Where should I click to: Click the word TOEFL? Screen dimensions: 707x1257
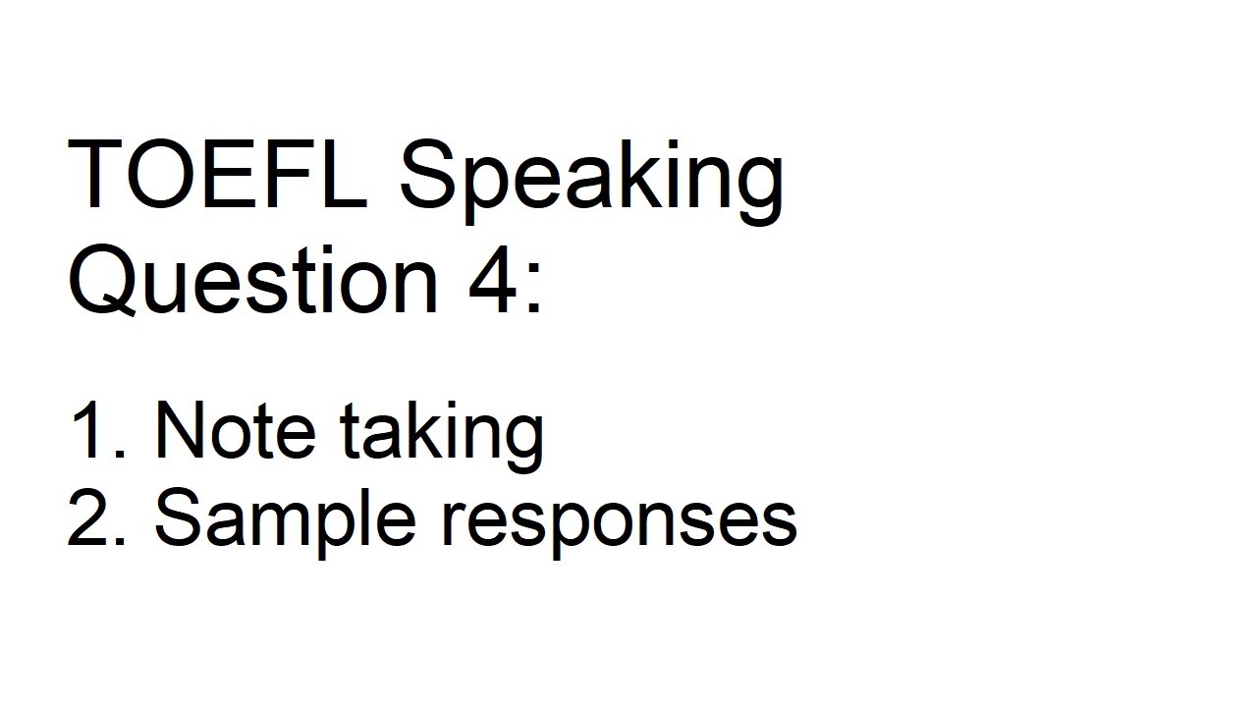click(216, 174)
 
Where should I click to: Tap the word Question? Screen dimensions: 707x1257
click(252, 281)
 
